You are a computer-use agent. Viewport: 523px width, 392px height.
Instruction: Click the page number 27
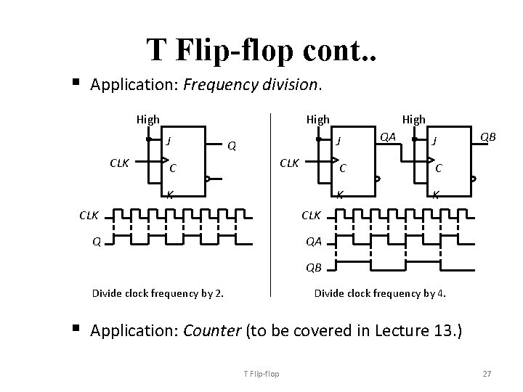[487, 374]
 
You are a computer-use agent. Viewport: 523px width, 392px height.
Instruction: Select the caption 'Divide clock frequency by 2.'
[158, 294]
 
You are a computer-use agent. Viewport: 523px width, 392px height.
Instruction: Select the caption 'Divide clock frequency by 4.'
[380, 293]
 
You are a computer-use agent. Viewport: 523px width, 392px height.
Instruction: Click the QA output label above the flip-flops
[388, 136]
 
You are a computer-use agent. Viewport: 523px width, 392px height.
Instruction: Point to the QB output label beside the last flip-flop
[487, 136]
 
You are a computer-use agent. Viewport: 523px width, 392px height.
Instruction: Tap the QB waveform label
[313, 267]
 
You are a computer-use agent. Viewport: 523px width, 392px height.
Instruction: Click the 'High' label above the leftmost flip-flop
[148, 118]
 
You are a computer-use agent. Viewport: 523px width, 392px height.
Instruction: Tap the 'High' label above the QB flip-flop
[414, 118]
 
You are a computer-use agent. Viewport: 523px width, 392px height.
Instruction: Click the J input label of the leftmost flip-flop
[169, 139]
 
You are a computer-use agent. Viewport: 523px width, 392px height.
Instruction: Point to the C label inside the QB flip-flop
[439, 168]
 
